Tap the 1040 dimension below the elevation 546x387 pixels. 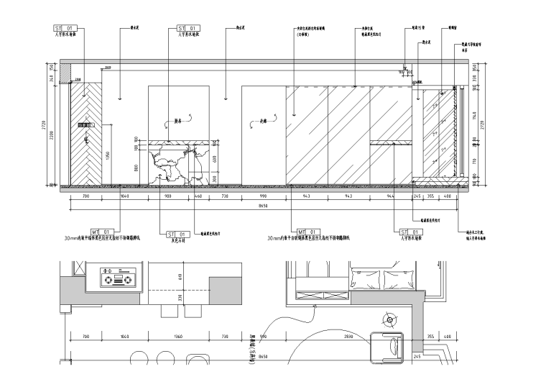click(x=125, y=196)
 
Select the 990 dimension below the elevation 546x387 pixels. click(x=263, y=196)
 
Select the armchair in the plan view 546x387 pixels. click(x=388, y=347)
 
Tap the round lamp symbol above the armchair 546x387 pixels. click(x=389, y=319)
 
